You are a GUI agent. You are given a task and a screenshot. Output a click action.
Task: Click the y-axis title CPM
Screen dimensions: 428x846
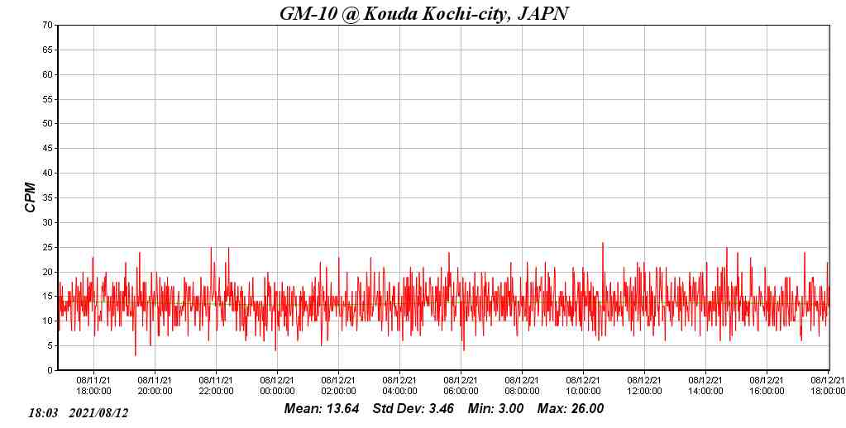point(31,197)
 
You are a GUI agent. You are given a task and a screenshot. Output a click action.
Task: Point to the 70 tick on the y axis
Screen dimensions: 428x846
point(48,26)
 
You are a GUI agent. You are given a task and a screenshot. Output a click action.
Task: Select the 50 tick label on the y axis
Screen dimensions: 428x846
point(48,124)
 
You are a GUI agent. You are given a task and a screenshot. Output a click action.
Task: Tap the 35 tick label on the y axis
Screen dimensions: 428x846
point(48,198)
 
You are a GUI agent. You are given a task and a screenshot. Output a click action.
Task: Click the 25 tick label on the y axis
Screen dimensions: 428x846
point(48,247)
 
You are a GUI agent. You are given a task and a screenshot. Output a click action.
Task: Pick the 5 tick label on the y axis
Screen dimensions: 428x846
point(50,346)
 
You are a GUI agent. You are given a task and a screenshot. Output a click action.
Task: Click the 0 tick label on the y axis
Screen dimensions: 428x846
point(50,371)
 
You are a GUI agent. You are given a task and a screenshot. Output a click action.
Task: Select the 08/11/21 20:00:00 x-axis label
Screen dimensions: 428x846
point(155,386)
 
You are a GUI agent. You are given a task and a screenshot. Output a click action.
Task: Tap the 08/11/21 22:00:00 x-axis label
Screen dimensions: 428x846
point(216,386)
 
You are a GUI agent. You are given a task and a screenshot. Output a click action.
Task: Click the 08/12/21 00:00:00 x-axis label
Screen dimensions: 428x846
point(277,386)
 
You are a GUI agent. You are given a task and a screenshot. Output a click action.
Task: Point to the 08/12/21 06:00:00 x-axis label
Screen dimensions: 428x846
point(461,386)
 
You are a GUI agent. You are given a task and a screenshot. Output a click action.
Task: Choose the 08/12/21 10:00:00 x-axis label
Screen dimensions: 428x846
point(583,386)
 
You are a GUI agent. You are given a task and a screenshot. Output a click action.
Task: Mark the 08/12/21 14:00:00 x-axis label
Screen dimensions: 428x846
point(705,386)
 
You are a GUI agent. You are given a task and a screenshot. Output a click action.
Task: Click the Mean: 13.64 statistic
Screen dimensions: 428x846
point(322,409)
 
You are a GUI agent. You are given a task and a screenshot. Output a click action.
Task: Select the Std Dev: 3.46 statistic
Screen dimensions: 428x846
point(413,409)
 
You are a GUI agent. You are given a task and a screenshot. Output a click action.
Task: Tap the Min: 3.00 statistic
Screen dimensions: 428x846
point(495,409)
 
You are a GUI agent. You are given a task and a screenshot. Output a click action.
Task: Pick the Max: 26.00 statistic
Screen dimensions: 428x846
point(571,409)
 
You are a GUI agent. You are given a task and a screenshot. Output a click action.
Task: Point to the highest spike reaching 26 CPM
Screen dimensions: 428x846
point(603,243)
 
